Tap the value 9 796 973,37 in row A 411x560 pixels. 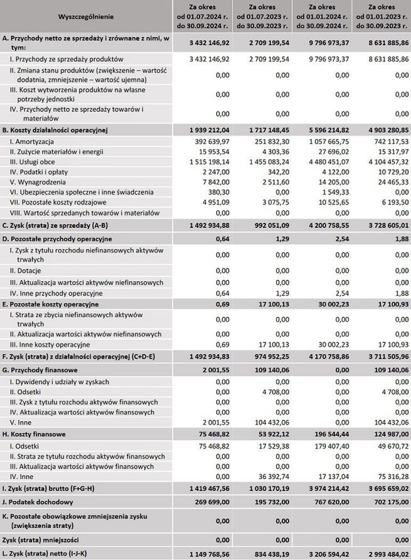pyautogui.click(x=324, y=43)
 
